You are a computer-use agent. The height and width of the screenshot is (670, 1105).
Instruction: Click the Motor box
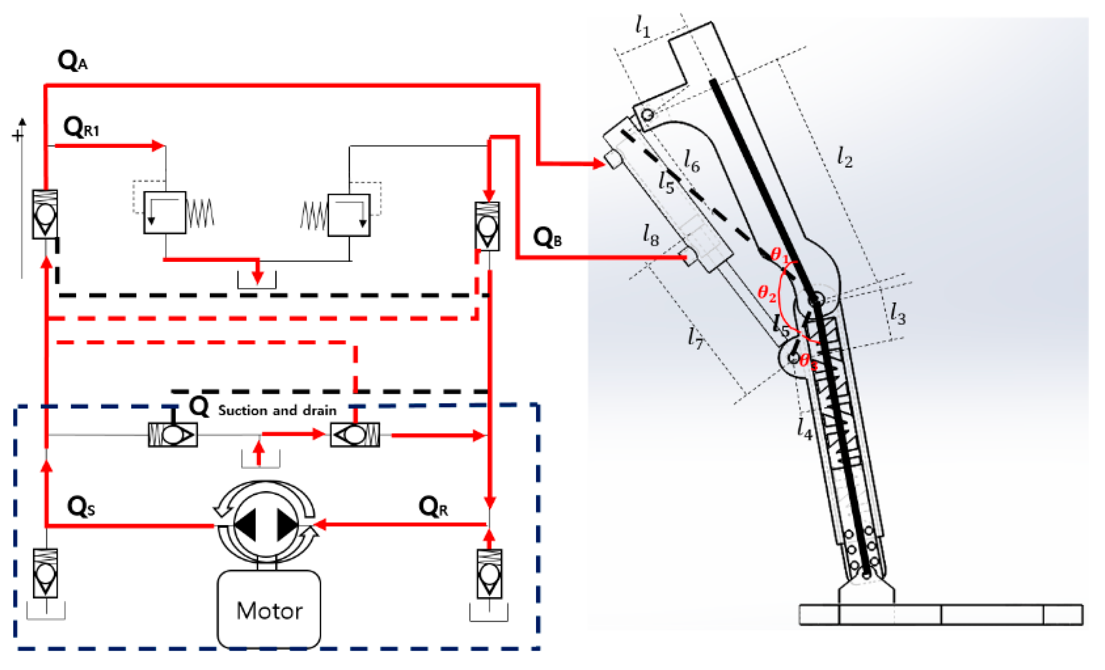[269, 610]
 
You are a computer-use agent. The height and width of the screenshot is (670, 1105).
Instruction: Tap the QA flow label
[72, 62]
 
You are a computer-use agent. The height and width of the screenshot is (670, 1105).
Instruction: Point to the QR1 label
[81, 128]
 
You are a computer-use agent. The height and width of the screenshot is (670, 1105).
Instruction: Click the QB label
[547, 238]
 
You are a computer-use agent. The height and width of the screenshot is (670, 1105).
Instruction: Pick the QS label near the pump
[80, 507]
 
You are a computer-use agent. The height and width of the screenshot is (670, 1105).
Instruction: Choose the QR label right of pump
[433, 508]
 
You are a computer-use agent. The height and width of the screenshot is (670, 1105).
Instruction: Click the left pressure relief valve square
[165, 213]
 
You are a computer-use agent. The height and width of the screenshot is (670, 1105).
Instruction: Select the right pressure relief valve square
[349, 215]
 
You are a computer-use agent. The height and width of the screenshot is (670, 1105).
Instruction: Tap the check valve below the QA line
[45, 214]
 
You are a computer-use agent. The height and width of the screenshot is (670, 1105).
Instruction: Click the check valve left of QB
[487, 226]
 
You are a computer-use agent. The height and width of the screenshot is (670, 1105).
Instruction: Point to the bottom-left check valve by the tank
[45, 573]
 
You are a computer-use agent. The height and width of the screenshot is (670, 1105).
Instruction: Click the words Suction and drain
[277, 411]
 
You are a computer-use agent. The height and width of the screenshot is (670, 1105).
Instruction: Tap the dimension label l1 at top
[642, 26]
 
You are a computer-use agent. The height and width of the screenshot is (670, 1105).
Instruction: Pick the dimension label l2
[844, 157]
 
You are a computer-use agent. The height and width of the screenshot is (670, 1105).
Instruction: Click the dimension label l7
[695, 337]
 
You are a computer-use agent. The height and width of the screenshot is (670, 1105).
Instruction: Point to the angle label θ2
[767, 292]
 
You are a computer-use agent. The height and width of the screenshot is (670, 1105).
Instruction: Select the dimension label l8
[650, 236]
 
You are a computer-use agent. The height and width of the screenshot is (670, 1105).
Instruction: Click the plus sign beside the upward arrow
[17, 135]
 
